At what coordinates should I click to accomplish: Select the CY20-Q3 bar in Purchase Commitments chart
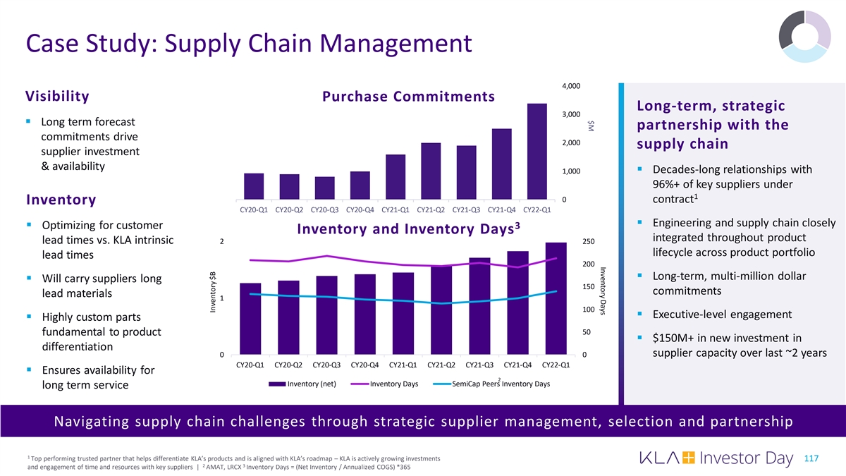tap(324, 188)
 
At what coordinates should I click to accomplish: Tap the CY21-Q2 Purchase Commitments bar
tap(431, 171)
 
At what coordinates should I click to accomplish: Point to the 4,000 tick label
tap(571, 86)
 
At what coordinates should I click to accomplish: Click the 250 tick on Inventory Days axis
tap(589, 242)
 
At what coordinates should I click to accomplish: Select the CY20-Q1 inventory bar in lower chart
tap(250, 319)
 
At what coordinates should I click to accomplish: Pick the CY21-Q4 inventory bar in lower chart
tap(517, 303)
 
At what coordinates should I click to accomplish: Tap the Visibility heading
tap(57, 97)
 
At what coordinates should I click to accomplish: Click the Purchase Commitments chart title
tap(408, 97)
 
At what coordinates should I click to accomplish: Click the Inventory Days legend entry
tap(394, 384)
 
